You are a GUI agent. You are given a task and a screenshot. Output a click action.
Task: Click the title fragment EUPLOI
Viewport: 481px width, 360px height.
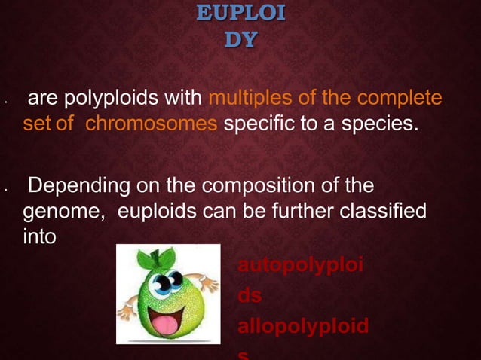(x=240, y=14)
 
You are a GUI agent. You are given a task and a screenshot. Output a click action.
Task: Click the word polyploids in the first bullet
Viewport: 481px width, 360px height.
(x=156, y=99)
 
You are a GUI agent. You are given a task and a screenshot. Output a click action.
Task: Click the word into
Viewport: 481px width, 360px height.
(x=39, y=234)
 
